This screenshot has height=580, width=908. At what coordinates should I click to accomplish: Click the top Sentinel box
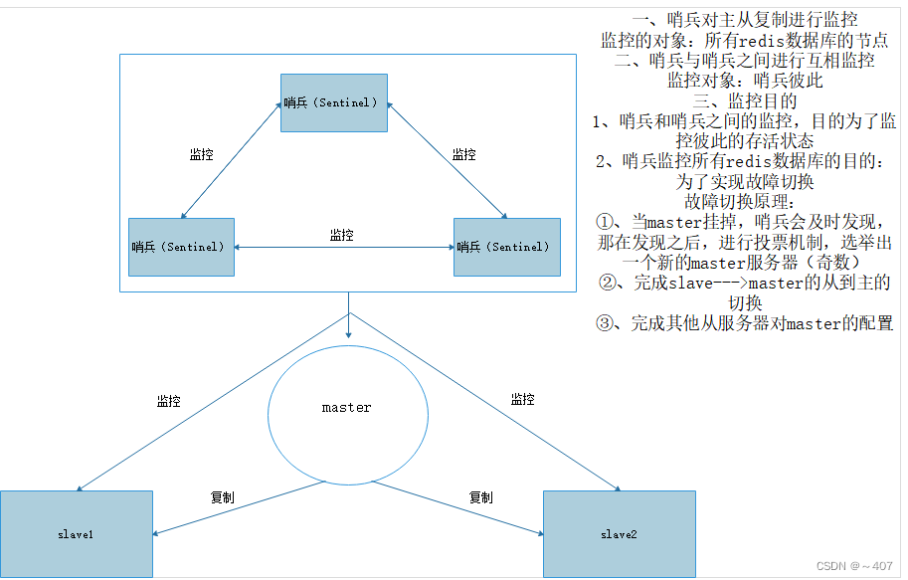pos(333,102)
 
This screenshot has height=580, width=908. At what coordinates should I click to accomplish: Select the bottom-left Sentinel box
pos(181,247)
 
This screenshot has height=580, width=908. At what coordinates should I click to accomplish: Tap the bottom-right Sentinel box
pos(506,247)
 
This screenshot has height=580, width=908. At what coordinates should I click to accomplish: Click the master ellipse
pos(347,408)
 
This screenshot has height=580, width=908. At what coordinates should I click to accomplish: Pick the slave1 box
pos(76,534)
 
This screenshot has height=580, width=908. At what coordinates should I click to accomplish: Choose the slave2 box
pos(619,534)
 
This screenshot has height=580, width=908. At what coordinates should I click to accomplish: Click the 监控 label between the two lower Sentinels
pos(342,236)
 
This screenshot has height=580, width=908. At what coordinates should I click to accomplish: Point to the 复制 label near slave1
pos(222,496)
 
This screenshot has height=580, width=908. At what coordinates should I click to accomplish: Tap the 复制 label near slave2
pos(480,496)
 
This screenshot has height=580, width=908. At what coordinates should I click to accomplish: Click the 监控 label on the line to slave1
pos(168,401)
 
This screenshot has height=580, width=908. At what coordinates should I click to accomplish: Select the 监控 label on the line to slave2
pos(522,399)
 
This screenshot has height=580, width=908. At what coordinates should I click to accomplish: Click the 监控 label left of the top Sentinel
pos(201,154)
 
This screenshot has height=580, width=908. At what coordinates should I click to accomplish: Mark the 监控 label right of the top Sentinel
pos(463,154)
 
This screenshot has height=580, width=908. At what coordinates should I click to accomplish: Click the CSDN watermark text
pos(853,566)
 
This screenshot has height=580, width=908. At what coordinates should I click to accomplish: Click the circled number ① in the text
pos(607,222)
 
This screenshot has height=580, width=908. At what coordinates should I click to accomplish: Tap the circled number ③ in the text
pos(607,323)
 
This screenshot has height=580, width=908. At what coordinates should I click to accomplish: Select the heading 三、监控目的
pos(744,100)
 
